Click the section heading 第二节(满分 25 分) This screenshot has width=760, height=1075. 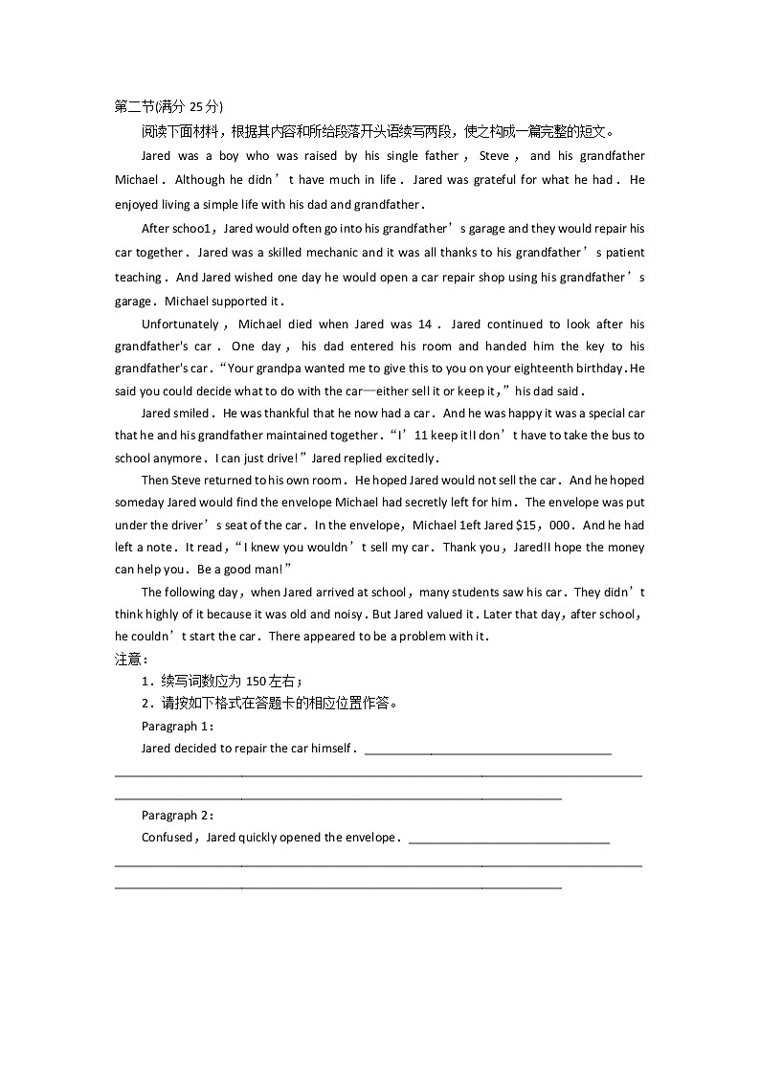pos(168,106)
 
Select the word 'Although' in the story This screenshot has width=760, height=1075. pos(199,180)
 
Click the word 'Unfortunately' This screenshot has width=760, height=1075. pos(180,325)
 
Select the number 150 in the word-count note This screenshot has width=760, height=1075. pos(256,682)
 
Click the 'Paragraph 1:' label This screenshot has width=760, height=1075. pos(177,727)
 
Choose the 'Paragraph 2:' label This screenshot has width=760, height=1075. pos(177,816)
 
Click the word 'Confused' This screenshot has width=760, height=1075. pos(167,838)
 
